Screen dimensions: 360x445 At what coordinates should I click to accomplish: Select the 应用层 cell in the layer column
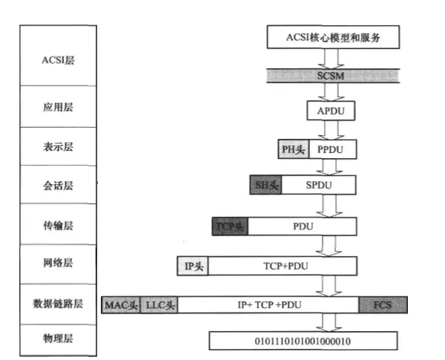point(59,106)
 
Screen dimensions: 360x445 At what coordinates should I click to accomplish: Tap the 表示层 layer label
point(59,147)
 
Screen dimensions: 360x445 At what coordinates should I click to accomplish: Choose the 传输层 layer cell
point(59,224)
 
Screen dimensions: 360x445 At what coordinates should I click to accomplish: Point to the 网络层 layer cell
point(59,264)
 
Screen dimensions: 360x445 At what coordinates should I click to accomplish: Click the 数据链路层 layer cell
point(59,304)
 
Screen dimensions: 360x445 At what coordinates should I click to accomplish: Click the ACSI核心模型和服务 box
point(333,36)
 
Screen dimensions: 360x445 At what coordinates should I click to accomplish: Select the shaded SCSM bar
point(333,76)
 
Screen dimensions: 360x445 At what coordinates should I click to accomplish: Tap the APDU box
point(332,111)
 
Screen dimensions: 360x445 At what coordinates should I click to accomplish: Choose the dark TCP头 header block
point(230,226)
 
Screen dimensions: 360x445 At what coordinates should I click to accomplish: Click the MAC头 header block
point(120,304)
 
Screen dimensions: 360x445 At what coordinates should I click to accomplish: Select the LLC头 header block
point(159,304)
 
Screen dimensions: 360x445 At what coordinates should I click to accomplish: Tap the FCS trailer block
point(383,304)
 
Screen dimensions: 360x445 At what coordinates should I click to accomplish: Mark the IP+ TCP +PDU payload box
point(268,304)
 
